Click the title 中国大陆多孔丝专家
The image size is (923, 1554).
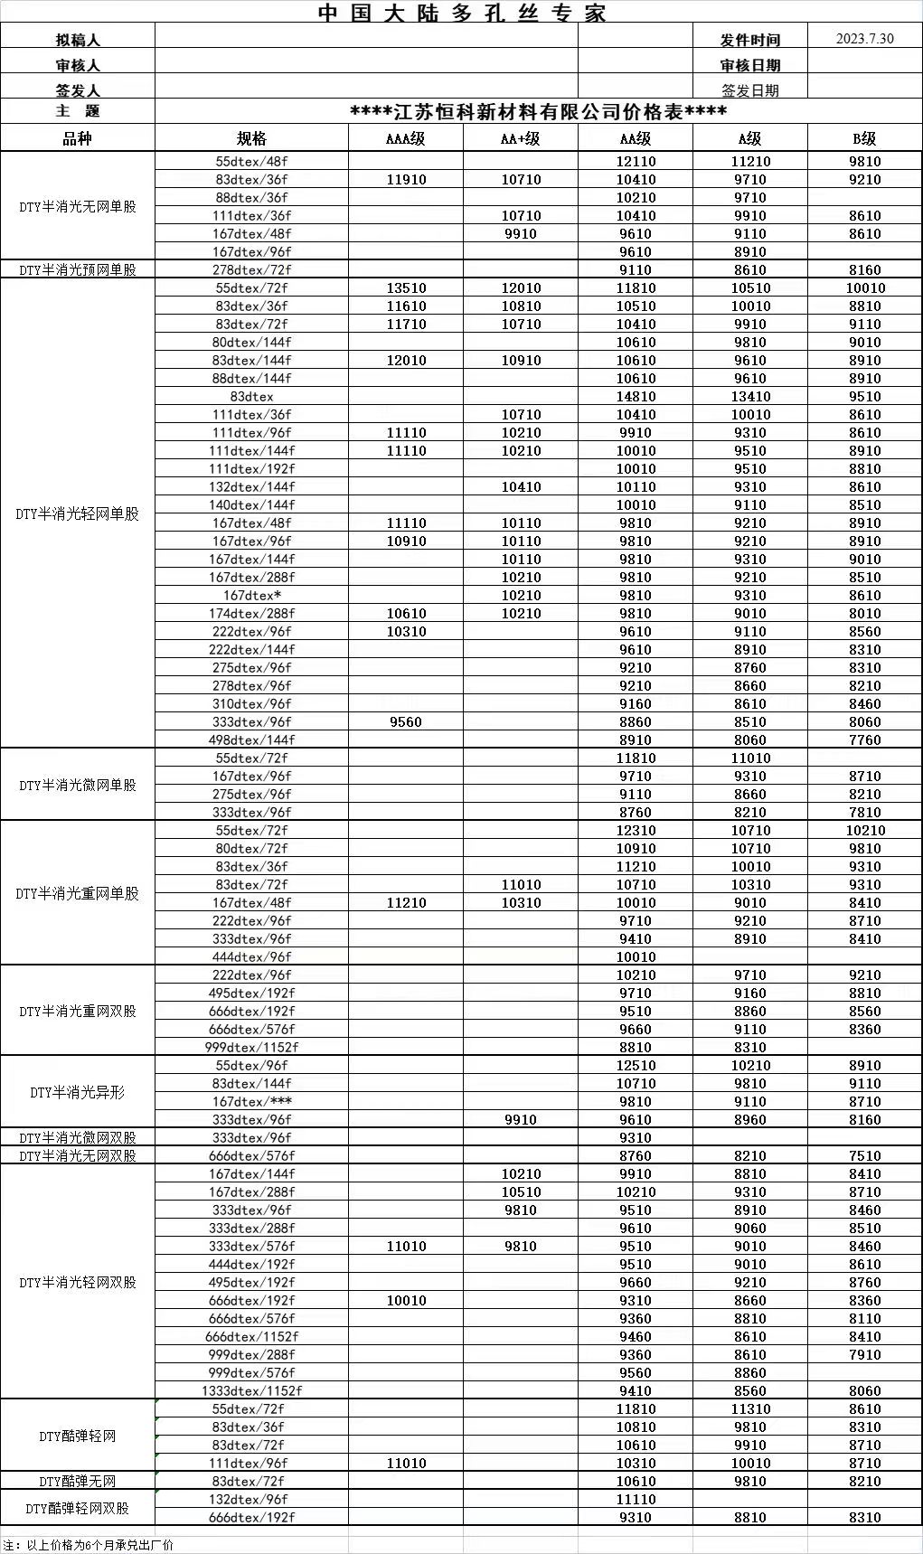(x=462, y=13)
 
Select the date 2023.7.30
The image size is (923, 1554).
(x=864, y=38)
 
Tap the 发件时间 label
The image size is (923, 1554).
(x=749, y=40)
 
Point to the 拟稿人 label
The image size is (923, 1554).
(x=78, y=40)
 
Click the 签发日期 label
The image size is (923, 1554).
(x=749, y=90)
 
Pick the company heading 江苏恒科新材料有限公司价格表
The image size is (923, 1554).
(x=538, y=112)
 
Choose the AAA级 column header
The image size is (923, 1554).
(x=406, y=138)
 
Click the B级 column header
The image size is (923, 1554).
(x=864, y=138)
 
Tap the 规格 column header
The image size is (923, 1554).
(x=251, y=138)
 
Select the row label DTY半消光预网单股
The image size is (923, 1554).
(x=78, y=269)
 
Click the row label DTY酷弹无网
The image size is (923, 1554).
(x=78, y=1481)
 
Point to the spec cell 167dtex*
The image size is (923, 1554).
(x=251, y=595)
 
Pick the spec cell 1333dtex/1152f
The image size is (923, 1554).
(x=251, y=1390)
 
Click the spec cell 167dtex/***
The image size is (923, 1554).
(x=251, y=1101)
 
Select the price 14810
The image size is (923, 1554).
(x=636, y=396)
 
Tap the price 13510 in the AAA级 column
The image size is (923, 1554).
(x=406, y=287)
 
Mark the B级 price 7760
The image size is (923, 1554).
(x=864, y=739)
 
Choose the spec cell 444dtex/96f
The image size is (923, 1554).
(x=251, y=956)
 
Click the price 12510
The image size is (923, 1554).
(x=636, y=1065)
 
